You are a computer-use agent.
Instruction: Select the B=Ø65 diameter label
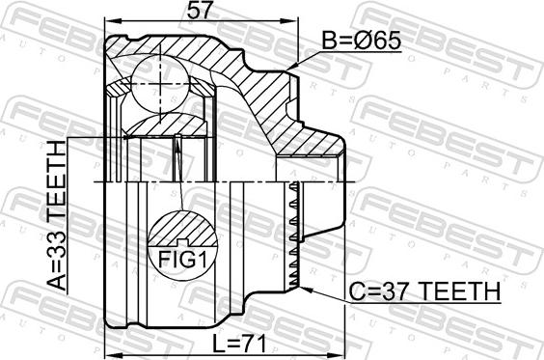pos(362,41)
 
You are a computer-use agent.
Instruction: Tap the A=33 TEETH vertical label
pos(56,215)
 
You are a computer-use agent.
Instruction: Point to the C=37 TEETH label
pos(424,291)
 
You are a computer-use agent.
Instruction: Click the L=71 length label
pos(239,344)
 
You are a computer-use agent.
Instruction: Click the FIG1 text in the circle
pos(182,259)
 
